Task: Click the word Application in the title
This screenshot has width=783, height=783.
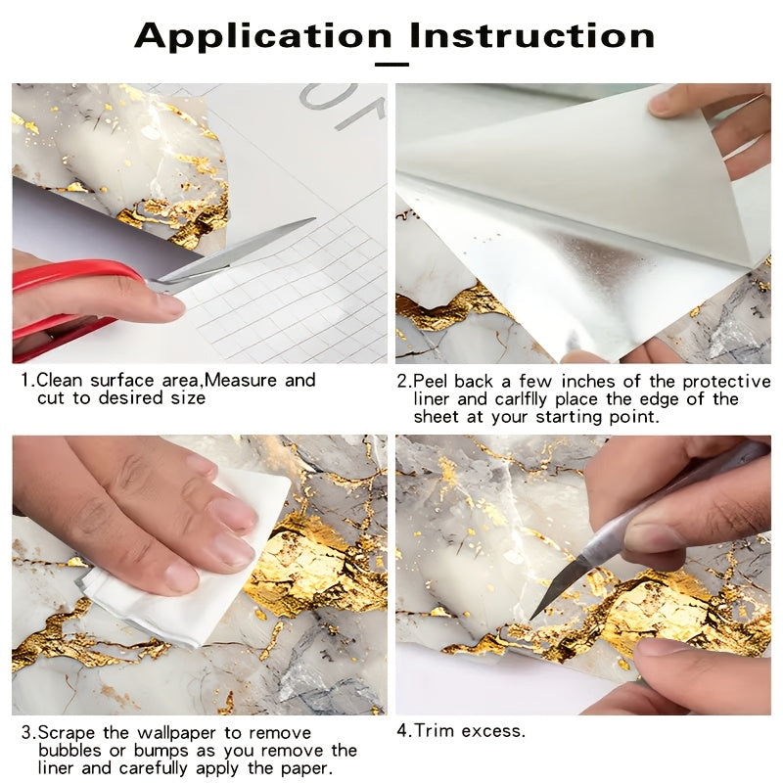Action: point(263,36)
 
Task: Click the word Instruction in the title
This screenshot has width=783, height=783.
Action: point(531,35)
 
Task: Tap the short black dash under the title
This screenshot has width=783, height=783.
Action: point(392,65)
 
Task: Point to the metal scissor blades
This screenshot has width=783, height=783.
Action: point(235,254)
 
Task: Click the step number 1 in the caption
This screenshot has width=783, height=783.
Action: point(26,381)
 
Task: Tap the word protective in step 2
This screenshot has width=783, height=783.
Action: point(726,382)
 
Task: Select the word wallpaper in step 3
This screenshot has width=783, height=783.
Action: point(177,734)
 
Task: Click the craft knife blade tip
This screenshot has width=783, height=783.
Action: point(531,619)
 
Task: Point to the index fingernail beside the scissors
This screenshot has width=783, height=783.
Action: point(169,304)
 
